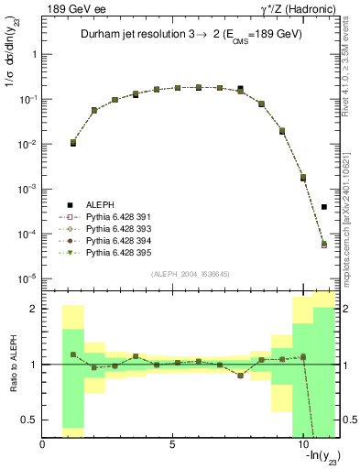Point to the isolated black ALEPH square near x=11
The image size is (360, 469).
tap(324, 207)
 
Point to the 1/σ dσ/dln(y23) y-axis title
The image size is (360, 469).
tap(12, 64)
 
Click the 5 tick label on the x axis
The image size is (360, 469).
tap(172, 444)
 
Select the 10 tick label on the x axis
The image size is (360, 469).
tap(302, 444)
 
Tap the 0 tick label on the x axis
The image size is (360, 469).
tap(43, 444)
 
